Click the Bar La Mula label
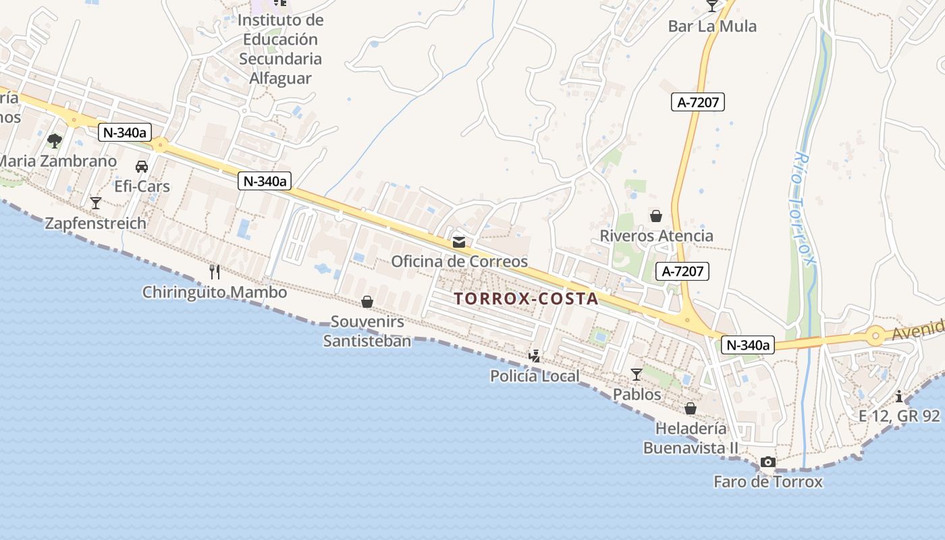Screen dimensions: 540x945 [712, 26]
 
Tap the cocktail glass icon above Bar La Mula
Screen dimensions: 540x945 [712, 6]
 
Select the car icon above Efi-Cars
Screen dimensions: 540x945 [142, 166]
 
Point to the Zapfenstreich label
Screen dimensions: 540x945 [95, 223]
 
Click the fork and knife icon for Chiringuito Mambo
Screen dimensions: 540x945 [215, 272]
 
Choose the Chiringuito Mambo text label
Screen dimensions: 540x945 [214, 292]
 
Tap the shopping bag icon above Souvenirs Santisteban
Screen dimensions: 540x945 [367, 301]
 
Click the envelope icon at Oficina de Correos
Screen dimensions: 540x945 [459, 242]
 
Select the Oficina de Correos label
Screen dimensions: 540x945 [459, 261]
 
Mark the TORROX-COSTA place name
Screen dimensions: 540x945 [526, 298]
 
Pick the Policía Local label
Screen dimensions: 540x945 [535, 376]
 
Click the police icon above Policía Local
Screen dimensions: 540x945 [535, 356]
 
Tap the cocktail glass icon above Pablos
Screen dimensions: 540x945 [637, 374]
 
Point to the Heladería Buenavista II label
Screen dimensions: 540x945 [691, 438]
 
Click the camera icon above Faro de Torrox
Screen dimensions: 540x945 [768, 462]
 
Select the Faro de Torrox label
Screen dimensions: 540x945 [768, 482]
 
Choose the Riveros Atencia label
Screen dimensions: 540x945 [656, 236]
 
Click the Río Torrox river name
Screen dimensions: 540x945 [804, 216]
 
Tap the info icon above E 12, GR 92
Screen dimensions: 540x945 [899, 396]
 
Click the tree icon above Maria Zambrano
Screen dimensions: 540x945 [55, 141]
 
